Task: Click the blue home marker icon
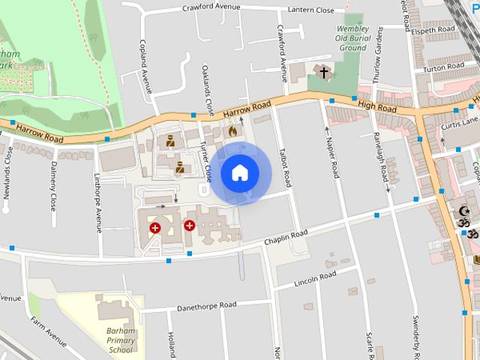click(239, 172)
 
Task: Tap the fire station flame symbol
click(232, 131)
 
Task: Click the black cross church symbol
click(323, 73)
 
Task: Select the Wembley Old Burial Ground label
click(352, 38)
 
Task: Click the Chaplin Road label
click(286, 237)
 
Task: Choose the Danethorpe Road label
click(206, 306)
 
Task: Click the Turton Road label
click(443, 67)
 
